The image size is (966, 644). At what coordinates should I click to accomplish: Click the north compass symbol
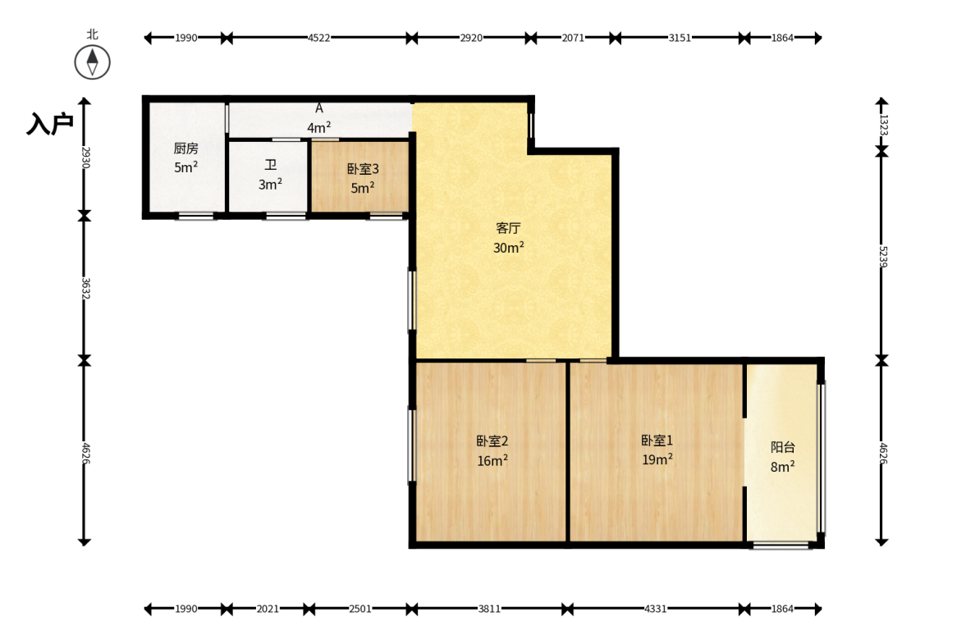click(x=93, y=62)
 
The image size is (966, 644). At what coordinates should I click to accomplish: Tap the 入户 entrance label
click(x=50, y=124)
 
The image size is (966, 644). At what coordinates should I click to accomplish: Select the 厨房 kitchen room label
click(x=185, y=148)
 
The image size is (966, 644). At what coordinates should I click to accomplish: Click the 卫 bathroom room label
click(x=271, y=165)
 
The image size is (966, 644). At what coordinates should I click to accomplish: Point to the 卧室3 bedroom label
click(x=363, y=169)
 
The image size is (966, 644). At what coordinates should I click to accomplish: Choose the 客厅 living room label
click(x=508, y=228)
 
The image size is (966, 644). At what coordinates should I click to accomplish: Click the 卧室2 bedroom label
click(x=492, y=441)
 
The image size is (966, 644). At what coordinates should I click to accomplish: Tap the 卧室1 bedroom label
click(x=657, y=441)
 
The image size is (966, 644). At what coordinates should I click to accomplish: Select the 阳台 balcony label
click(x=782, y=448)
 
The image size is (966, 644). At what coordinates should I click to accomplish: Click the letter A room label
click(x=319, y=108)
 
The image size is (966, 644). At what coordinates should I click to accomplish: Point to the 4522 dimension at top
click(x=319, y=38)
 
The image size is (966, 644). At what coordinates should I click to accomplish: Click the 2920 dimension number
click(x=471, y=38)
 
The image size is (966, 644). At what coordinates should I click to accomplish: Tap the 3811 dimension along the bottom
click(x=489, y=609)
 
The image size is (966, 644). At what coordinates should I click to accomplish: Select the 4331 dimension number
click(x=656, y=609)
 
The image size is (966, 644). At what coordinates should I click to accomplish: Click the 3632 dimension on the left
click(x=85, y=288)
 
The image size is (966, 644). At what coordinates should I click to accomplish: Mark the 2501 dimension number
click(x=360, y=609)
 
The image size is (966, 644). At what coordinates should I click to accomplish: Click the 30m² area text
click(x=509, y=248)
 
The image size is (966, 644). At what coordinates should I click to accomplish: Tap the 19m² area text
click(x=657, y=459)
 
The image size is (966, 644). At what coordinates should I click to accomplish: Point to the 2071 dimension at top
click(x=573, y=38)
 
